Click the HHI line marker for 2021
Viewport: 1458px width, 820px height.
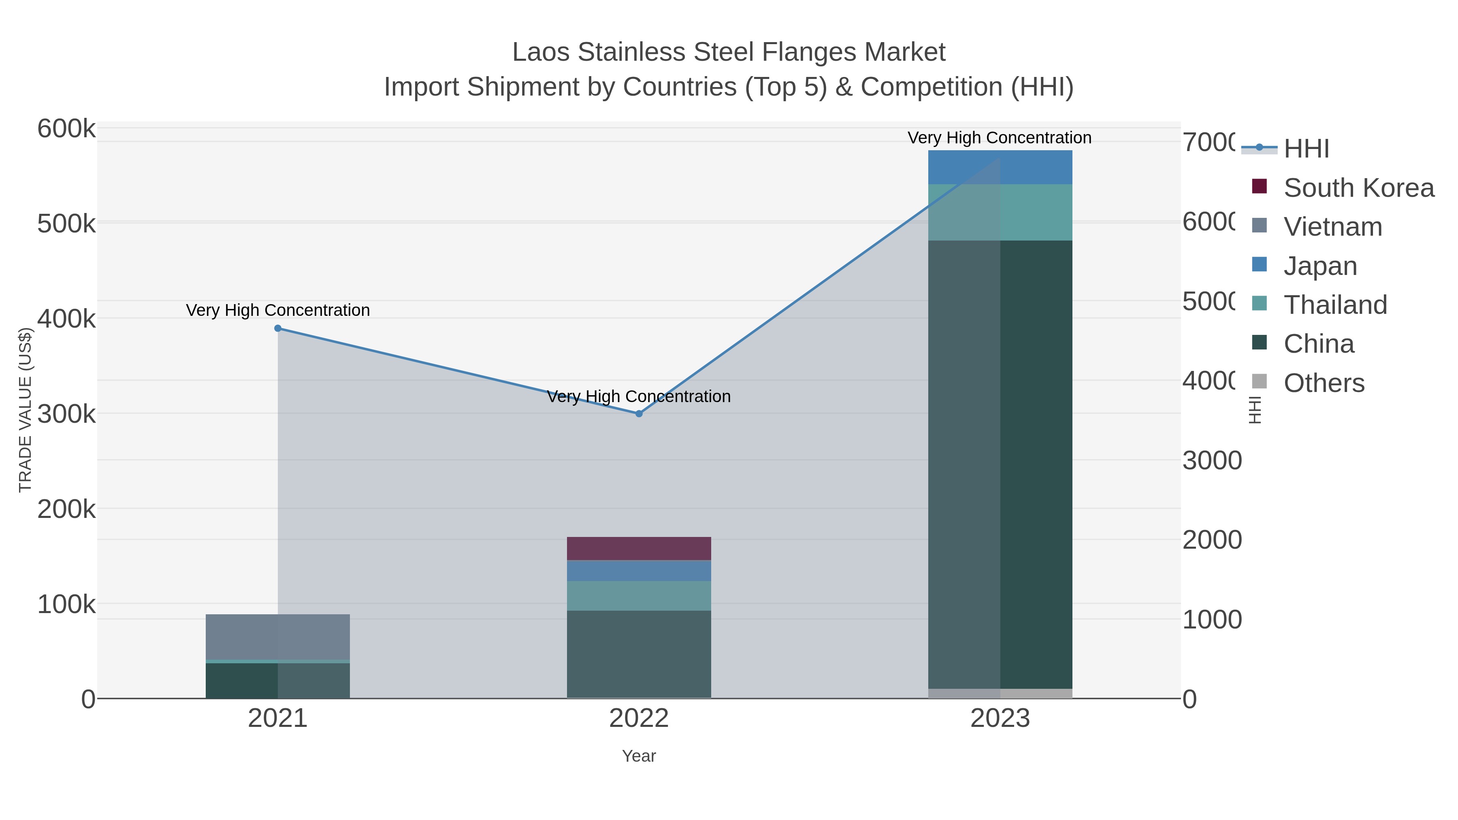point(278,328)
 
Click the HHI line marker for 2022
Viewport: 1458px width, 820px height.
point(639,414)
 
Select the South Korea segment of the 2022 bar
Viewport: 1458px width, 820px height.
point(639,548)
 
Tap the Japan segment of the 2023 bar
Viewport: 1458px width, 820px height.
point(1000,168)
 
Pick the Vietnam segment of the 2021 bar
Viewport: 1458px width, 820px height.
point(278,637)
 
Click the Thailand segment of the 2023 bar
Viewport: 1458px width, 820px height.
point(1000,212)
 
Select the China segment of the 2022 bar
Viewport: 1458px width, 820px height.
point(639,654)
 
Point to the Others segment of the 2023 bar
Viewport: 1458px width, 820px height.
point(1000,693)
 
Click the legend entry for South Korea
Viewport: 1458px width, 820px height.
point(1358,188)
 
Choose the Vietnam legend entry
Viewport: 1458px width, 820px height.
point(1332,227)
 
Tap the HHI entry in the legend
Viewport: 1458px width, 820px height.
point(1306,149)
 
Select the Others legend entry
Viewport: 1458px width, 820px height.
point(1323,383)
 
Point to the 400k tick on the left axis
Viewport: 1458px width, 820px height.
point(66,319)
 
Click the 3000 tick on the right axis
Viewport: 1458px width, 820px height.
point(1212,461)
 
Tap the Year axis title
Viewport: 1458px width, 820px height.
point(639,756)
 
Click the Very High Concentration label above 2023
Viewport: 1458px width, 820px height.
point(1000,138)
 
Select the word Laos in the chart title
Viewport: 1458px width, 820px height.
point(541,53)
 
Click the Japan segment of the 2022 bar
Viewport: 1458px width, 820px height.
point(639,571)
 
